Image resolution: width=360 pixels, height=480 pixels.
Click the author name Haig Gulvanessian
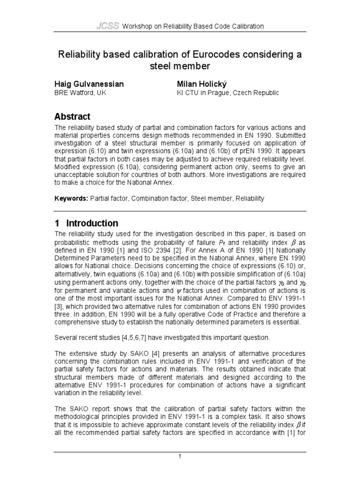point(89,84)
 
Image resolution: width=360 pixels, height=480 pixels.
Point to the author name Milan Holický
point(201,84)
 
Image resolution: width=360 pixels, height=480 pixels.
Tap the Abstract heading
point(73,117)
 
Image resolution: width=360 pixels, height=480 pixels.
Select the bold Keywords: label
point(71,198)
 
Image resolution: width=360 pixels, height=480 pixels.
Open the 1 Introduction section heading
point(86,223)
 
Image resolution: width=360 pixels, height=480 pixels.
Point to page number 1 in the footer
point(180,467)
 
